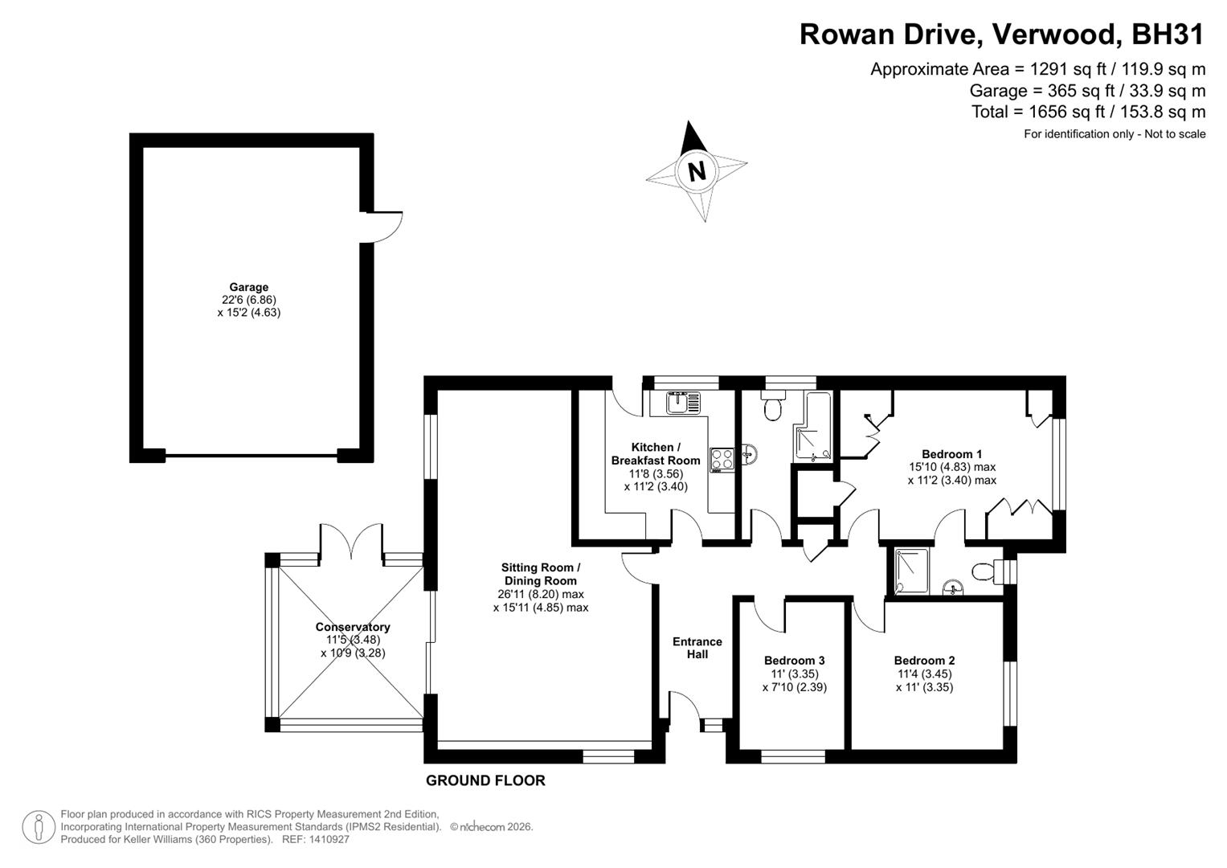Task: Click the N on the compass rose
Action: (x=697, y=171)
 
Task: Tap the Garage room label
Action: (x=248, y=287)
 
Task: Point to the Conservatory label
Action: (x=353, y=627)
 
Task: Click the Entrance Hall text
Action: (x=697, y=648)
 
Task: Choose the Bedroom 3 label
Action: (x=794, y=661)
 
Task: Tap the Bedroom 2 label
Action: (x=925, y=661)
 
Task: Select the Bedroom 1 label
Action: (x=952, y=454)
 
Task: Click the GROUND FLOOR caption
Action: (x=485, y=780)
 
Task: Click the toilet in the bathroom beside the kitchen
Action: (x=773, y=406)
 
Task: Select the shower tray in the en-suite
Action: (x=913, y=571)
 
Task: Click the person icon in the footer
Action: (x=39, y=827)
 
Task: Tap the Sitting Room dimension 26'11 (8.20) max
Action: (x=541, y=594)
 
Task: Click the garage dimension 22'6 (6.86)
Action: (x=248, y=300)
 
